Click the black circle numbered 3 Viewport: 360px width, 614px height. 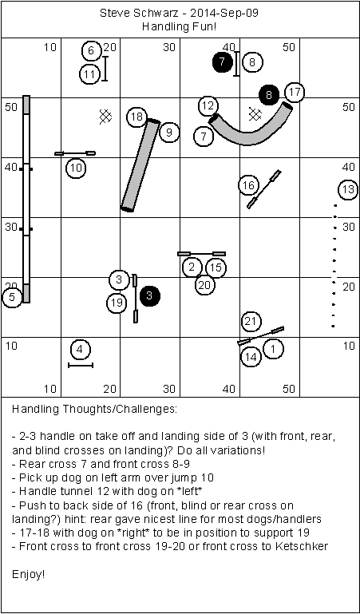[149, 295]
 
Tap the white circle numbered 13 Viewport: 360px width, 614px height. [348, 190]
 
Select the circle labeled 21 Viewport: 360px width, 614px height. [251, 322]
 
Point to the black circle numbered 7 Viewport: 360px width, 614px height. [222, 61]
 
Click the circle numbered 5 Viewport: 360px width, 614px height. [12, 297]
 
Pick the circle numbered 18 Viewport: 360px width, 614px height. [137, 117]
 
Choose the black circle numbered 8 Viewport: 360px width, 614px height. [269, 95]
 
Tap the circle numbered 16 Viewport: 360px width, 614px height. [249, 185]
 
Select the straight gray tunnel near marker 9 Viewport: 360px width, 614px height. [140, 165]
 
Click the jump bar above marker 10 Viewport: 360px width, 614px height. [75, 153]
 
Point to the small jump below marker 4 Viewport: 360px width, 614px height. [81, 366]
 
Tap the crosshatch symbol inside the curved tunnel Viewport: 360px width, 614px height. [255, 114]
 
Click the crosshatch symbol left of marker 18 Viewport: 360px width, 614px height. [105, 117]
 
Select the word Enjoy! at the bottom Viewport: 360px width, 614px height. [29, 574]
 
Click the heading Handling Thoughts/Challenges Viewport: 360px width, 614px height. [95, 410]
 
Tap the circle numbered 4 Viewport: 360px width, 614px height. [80, 349]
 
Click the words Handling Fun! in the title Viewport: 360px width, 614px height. [180, 27]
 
